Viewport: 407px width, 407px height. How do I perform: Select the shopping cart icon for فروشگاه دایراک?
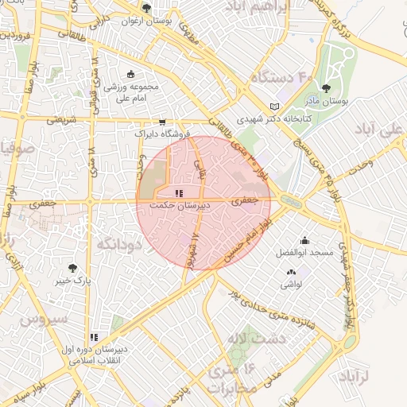click(x=162, y=122)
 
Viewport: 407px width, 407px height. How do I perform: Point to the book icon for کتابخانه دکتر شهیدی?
click(x=275, y=107)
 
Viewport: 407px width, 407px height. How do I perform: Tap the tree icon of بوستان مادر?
click(x=326, y=88)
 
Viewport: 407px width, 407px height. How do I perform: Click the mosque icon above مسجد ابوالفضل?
click(x=304, y=240)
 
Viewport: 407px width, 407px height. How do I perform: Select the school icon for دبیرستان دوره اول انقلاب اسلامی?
click(x=95, y=336)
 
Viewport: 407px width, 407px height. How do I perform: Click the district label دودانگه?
click(x=118, y=246)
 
